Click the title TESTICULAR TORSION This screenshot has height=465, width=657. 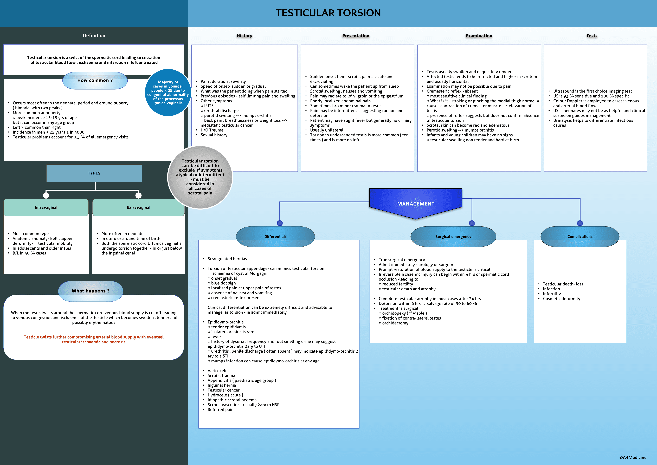pos(328,13)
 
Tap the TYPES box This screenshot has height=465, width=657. pos(94,173)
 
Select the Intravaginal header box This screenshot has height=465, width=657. pos(46,207)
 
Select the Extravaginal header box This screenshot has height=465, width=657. pos(138,207)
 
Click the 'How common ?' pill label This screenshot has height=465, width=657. pos(95,81)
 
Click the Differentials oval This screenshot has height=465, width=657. pos(275,237)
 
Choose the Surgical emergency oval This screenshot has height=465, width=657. pos(453,237)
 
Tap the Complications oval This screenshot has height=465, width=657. pos(580,237)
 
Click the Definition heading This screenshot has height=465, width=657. pos(94,35)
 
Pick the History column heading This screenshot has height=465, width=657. pos(244,36)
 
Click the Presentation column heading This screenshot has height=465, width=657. pos(356,36)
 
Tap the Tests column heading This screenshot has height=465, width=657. pos(592,36)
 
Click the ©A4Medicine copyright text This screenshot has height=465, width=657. pos(633,457)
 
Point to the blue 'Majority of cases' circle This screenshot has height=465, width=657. pos(168,92)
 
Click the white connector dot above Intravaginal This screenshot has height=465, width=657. pos(46,195)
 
